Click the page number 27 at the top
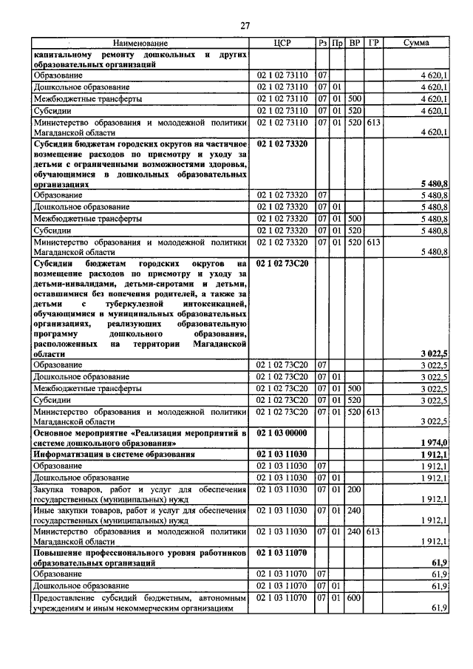pos(245,26)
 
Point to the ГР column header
pos(373,44)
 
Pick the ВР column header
pos(355,44)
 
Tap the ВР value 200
pos(355,489)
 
